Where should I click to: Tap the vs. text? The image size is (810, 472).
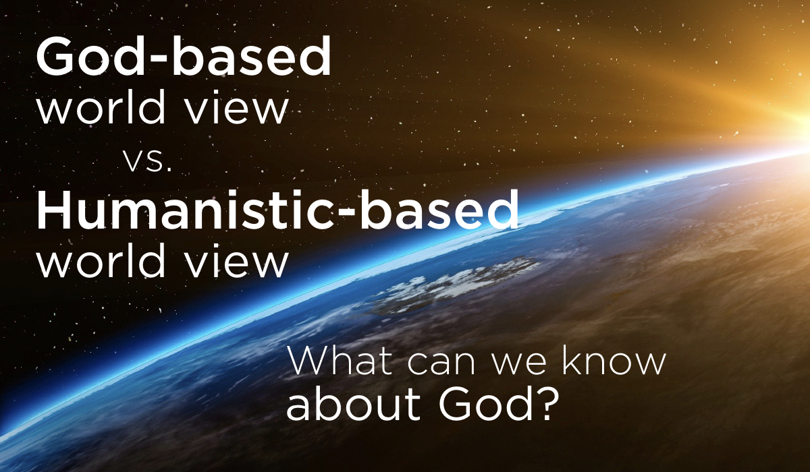[x=148, y=161]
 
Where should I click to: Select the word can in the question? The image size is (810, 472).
[x=441, y=365]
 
